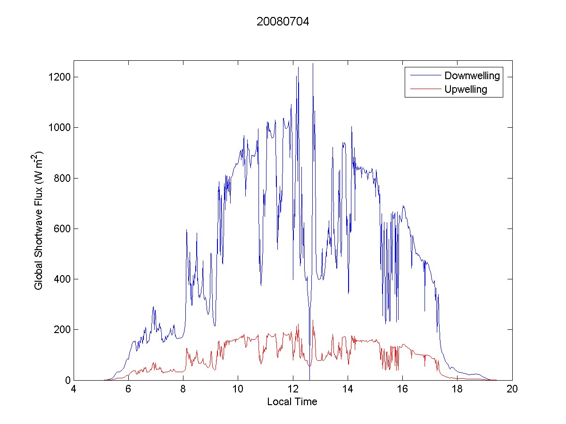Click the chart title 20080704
(x=283, y=22)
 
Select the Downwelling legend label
(x=472, y=75)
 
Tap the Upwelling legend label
(x=466, y=90)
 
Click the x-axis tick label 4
(x=74, y=389)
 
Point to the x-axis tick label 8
(x=183, y=389)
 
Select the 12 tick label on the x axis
(x=293, y=389)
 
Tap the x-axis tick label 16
(x=402, y=389)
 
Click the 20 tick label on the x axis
(x=512, y=389)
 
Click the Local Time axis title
(x=292, y=402)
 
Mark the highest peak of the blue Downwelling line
(x=313, y=64)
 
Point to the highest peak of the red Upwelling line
(x=313, y=321)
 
